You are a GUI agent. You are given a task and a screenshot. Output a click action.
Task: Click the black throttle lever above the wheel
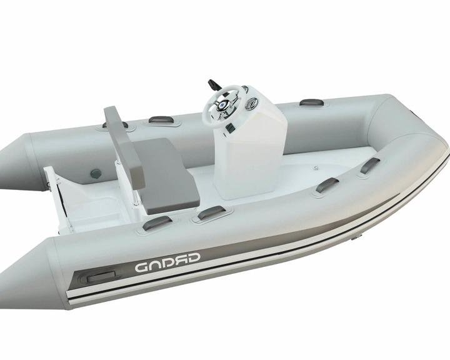[x=214, y=85]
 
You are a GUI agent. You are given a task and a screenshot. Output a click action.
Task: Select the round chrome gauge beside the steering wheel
[x=251, y=104]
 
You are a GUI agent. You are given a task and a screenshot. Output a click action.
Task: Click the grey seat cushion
[x=166, y=175]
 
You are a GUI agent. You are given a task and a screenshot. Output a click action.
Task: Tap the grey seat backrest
[x=123, y=146]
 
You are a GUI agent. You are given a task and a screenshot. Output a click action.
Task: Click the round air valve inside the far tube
[x=96, y=173]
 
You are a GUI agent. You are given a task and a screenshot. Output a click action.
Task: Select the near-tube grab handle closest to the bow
[x=370, y=166]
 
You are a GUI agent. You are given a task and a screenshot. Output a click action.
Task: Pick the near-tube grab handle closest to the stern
[x=157, y=222]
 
